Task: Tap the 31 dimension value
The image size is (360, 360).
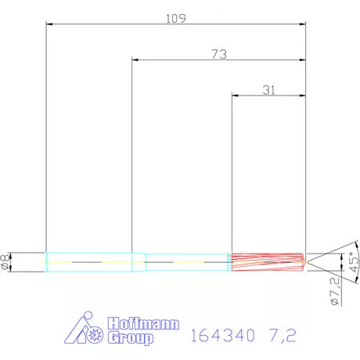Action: [x=268, y=90]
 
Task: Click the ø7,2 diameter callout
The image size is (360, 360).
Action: [x=332, y=290]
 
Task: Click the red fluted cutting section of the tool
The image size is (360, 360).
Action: [x=265, y=262]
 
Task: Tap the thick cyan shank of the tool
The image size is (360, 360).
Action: [x=94, y=262]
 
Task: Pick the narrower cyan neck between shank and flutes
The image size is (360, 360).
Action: [x=186, y=262]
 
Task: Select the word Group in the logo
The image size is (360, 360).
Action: [x=131, y=338]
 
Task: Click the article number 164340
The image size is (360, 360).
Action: [x=221, y=337]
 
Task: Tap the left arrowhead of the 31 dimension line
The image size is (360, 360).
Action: [x=234, y=95]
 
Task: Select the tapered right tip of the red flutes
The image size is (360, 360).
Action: [x=303, y=262]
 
